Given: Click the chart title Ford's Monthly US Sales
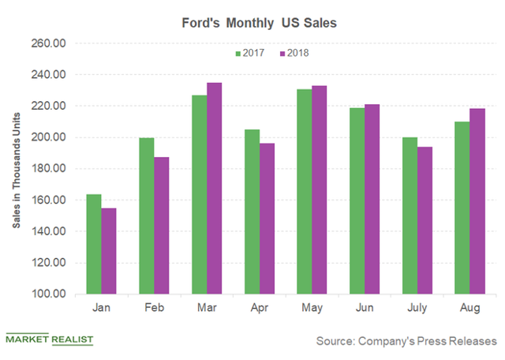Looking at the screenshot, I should click(253, 23).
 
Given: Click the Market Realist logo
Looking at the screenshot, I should click(49, 340).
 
